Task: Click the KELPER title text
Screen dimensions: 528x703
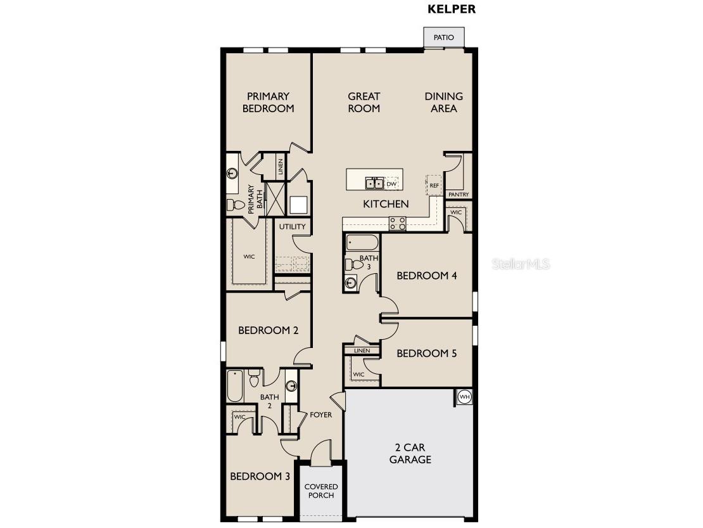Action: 452,9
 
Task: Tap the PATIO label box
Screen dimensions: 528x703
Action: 443,37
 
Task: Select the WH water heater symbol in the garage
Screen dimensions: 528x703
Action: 464,397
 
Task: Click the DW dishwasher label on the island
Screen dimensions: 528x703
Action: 391,184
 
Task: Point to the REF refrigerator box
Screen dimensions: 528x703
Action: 434,185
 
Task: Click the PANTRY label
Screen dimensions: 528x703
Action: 459,195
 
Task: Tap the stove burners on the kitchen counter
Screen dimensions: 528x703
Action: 397,223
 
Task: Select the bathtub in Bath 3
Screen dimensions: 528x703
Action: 362,243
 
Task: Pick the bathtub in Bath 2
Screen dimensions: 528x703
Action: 235,386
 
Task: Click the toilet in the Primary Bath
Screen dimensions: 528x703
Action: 235,205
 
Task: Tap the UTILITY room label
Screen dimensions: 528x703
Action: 292,226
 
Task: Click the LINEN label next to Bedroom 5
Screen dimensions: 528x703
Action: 362,351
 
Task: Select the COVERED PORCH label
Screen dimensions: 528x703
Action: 321,491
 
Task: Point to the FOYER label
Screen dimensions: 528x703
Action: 320,415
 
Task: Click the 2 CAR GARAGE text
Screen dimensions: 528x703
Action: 410,454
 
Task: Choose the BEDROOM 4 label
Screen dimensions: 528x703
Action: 427,276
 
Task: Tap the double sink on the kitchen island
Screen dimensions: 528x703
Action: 374,184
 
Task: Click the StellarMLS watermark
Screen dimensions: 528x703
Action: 521,264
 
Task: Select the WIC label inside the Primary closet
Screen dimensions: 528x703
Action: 249,257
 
